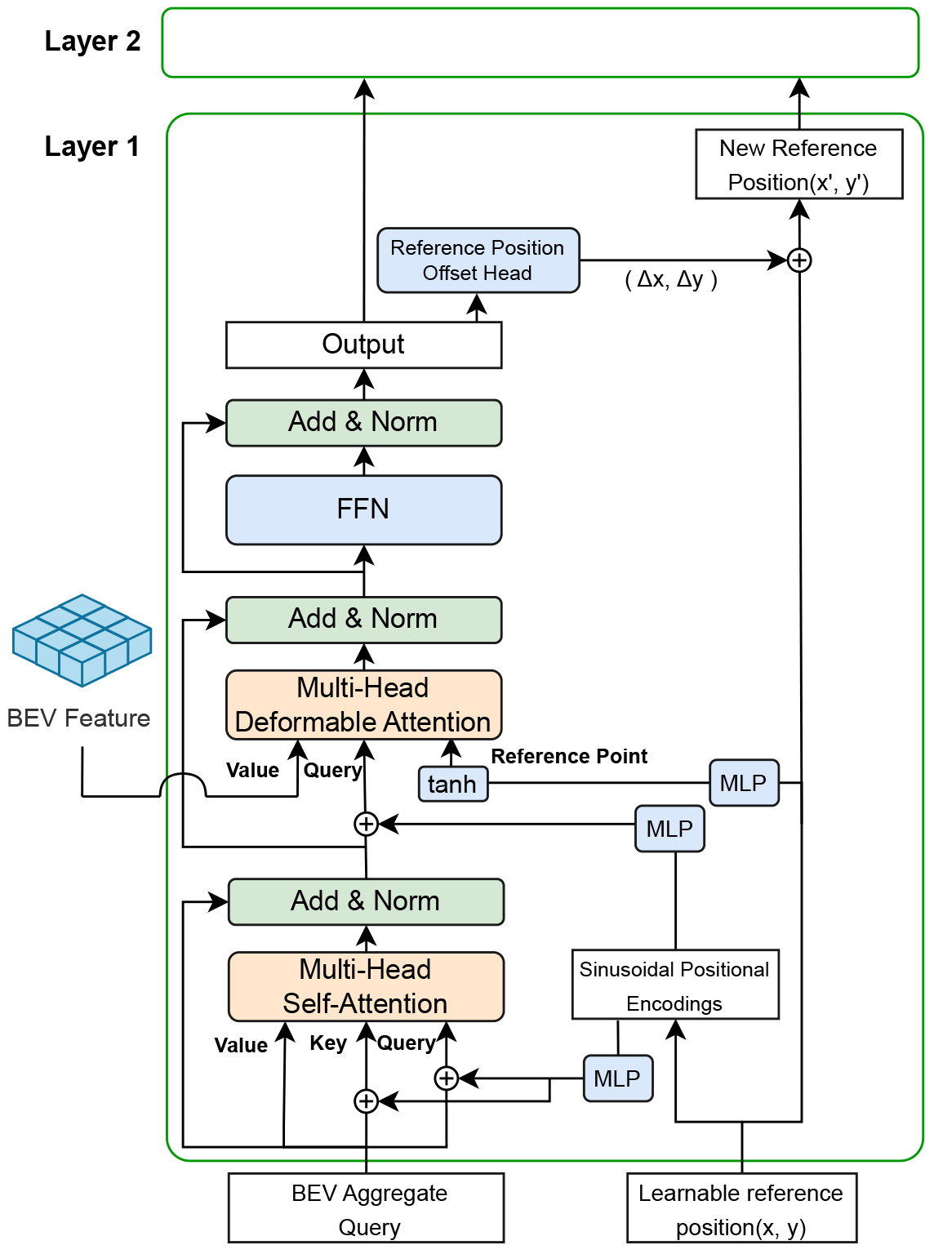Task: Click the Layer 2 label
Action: (92, 41)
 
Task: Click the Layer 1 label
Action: (91, 146)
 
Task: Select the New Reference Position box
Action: (798, 164)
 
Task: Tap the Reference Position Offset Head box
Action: (478, 260)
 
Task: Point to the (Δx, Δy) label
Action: (670, 280)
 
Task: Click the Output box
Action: (363, 345)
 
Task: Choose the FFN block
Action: (363, 509)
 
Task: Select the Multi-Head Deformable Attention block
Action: (363, 705)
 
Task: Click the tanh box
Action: (452, 784)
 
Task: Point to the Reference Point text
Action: (569, 756)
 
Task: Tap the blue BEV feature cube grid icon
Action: (82, 639)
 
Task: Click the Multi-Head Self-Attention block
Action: (366, 986)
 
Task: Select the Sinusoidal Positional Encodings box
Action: (675, 985)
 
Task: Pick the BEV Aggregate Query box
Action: (366, 1208)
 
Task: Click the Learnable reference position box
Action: (741, 1208)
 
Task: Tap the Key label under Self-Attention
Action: (328, 1043)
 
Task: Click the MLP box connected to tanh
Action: (744, 783)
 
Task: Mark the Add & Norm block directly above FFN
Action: (363, 423)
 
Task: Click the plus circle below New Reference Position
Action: (799, 260)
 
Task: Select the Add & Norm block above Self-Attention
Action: (366, 901)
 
